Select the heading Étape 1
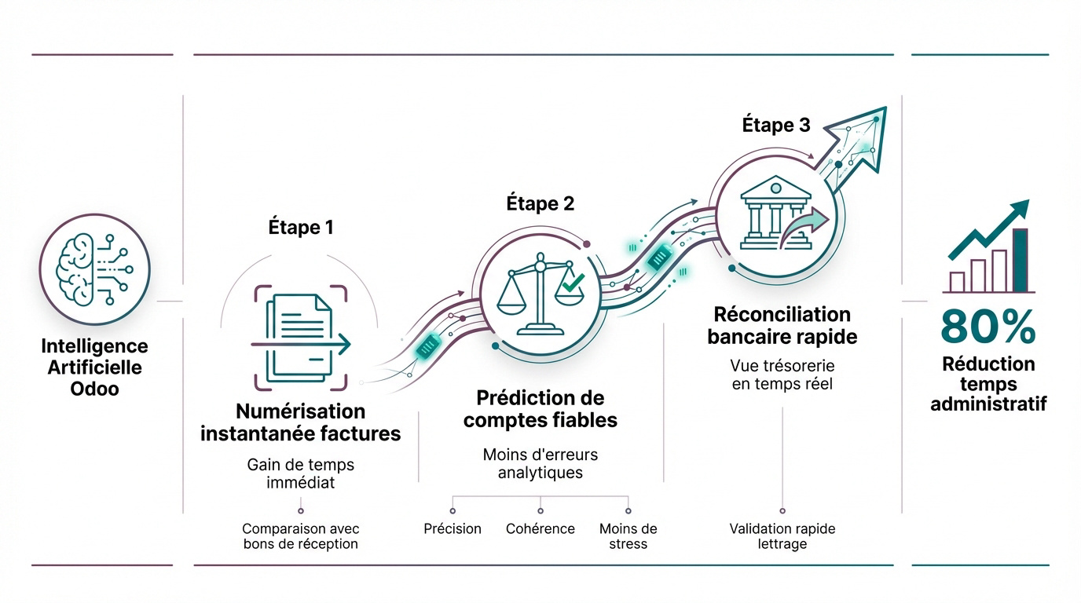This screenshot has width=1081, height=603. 300,228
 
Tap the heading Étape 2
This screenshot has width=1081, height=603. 540,204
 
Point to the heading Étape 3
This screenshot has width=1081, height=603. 775,126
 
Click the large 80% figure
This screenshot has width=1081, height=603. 988,327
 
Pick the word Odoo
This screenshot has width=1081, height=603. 94,388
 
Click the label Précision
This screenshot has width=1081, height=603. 453,528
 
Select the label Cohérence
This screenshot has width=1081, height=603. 540,528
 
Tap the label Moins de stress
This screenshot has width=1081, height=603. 628,535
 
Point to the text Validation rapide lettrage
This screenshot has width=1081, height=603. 782,535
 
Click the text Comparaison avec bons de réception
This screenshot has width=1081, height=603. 300,535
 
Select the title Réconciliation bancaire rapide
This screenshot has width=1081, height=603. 782,326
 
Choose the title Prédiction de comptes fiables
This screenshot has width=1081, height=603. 540,409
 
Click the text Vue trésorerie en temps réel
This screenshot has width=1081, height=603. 782,375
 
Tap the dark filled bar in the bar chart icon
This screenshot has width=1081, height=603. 1020,260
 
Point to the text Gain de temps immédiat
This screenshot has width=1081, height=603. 300,473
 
